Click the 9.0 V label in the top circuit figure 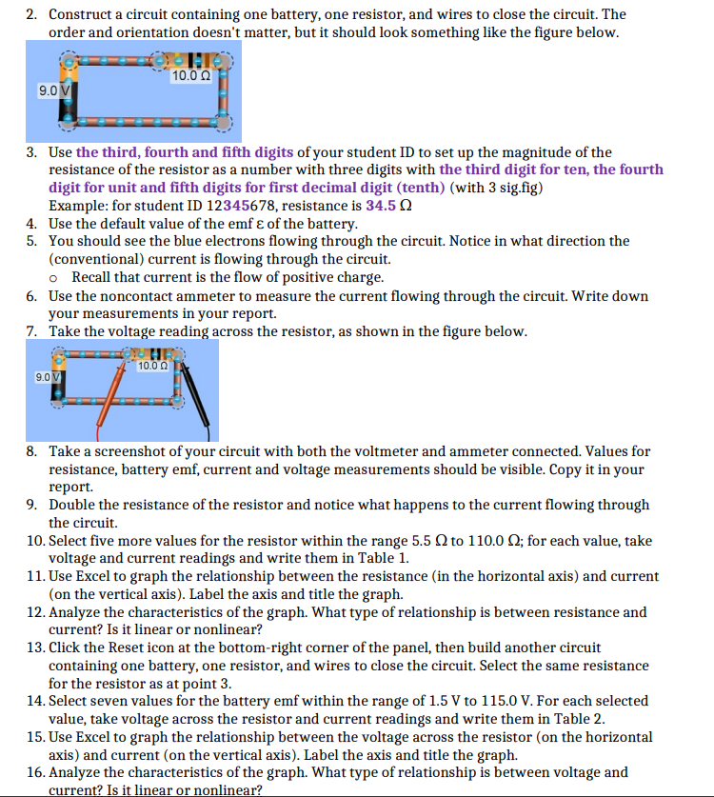pyautogui.click(x=52, y=90)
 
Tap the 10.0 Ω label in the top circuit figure pyautogui.click(x=190, y=75)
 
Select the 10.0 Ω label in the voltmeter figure pyautogui.click(x=153, y=367)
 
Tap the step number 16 pyautogui.click(x=34, y=772)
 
